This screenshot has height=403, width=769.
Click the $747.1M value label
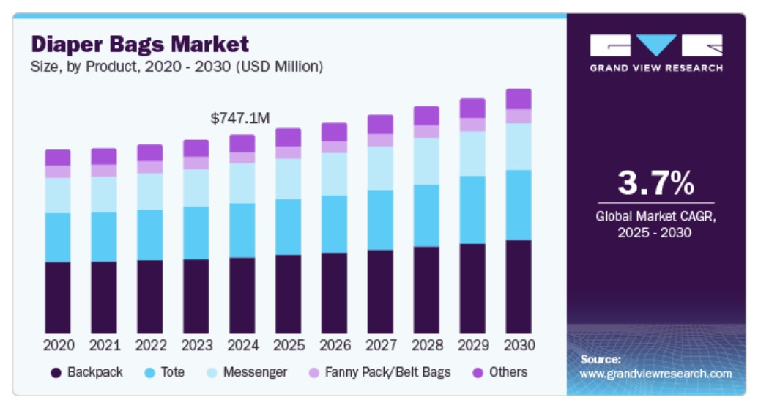(x=240, y=119)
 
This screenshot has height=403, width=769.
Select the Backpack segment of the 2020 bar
(x=58, y=297)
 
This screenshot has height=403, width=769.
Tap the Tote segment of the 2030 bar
(x=519, y=205)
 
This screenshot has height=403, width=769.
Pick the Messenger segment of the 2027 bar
(x=380, y=168)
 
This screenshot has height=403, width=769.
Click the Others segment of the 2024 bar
(x=242, y=143)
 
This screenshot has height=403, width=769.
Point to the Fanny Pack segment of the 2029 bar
(x=472, y=125)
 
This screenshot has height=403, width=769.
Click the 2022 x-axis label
(x=150, y=345)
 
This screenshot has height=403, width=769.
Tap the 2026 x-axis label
(x=334, y=345)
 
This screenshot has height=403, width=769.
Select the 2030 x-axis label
(x=519, y=345)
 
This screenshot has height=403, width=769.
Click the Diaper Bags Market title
(x=140, y=44)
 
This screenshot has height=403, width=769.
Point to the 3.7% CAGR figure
(x=655, y=183)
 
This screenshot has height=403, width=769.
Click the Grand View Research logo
(x=655, y=51)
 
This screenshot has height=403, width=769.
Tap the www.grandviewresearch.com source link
(x=655, y=374)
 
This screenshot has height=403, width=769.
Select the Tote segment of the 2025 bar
(x=288, y=227)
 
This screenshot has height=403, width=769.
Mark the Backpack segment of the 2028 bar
(x=426, y=290)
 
